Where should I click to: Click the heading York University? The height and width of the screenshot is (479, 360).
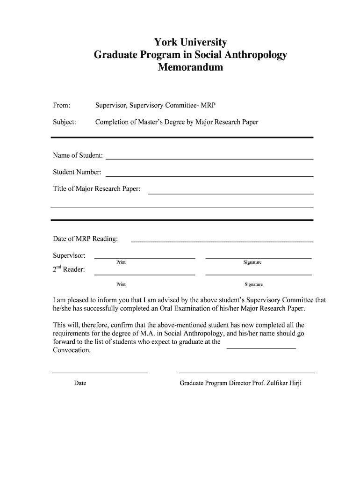pyautogui.click(x=190, y=43)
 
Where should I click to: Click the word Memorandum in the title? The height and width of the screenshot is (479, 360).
pyautogui.click(x=190, y=67)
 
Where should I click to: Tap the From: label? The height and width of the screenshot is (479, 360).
pyautogui.click(x=62, y=106)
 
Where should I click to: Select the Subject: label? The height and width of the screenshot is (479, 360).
pyautogui.click(x=65, y=122)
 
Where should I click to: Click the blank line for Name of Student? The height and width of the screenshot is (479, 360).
pyautogui.click(x=209, y=159)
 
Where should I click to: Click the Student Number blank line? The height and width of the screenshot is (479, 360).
pyautogui.click(x=209, y=176)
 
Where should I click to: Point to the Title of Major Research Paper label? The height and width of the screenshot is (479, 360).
pyautogui.click(x=97, y=189)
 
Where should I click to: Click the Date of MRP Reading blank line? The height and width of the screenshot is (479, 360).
pyautogui.click(x=222, y=241)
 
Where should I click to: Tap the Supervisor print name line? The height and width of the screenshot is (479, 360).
pyautogui.click(x=144, y=258)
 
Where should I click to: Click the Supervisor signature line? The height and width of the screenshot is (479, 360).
pyautogui.click(x=259, y=258)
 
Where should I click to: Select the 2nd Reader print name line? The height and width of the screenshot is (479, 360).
pyautogui.click(x=144, y=275)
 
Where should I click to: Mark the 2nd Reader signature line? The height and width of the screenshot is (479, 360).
pyautogui.click(x=259, y=275)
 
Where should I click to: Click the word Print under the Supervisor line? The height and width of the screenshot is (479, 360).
pyautogui.click(x=121, y=262)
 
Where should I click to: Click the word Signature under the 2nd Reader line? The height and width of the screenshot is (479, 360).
pyautogui.click(x=254, y=284)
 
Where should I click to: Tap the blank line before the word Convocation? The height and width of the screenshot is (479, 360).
pyautogui.click(x=261, y=348)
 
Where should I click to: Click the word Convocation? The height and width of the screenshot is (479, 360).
pyautogui.click(x=72, y=350)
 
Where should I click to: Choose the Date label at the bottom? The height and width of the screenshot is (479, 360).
pyautogui.click(x=80, y=383)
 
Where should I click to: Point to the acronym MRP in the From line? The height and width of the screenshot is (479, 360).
pyautogui.click(x=208, y=106)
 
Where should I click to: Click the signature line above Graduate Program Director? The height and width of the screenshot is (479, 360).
pyautogui.click(x=247, y=372)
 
